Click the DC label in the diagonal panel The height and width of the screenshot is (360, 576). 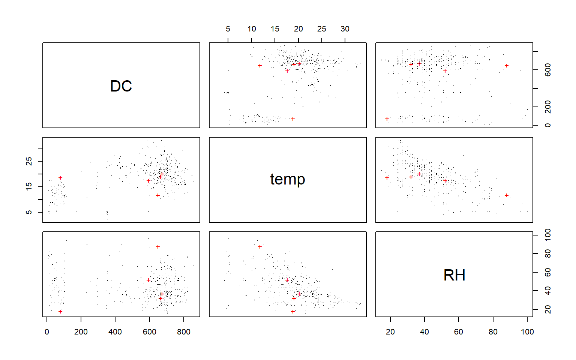[121, 86]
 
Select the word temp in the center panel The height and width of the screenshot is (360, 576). [288, 179]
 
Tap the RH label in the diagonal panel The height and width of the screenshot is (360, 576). [454, 275]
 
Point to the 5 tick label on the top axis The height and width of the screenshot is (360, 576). [228, 29]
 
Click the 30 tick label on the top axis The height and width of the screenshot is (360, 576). [345, 29]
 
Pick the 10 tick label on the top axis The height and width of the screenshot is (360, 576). [252, 29]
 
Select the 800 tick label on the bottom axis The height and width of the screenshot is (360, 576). [184, 332]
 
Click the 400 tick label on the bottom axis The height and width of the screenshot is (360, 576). [115, 332]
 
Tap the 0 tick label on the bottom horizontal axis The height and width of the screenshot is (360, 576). [46, 332]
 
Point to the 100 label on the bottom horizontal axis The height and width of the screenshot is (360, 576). [527, 332]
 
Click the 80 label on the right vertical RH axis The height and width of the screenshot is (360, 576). [548, 254]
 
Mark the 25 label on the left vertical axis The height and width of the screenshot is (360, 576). [29, 161]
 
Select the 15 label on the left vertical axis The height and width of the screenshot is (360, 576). [29, 186]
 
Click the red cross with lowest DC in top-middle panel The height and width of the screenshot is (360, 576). [293, 119]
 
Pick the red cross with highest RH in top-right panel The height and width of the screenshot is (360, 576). [507, 66]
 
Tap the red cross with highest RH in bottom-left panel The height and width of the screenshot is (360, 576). [158, 247]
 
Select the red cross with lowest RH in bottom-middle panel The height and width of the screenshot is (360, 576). [293, 312]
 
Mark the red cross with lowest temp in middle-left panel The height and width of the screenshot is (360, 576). [158, 195]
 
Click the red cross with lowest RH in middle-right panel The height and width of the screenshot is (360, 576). [387, 178]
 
